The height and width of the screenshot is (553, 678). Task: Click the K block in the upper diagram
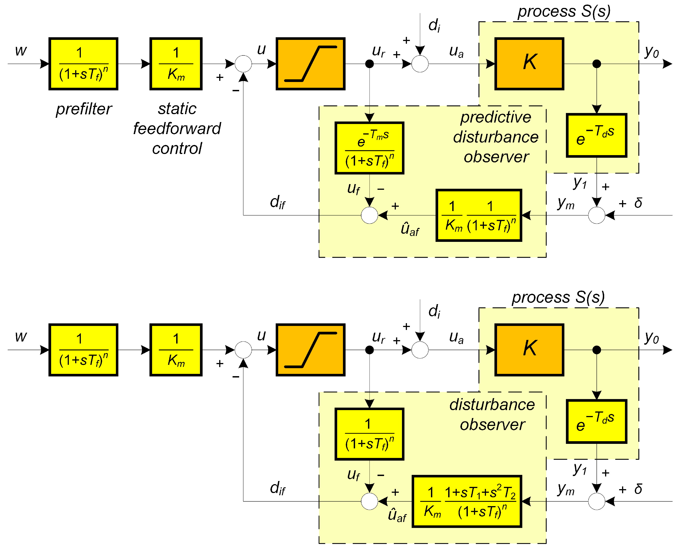[529, 64]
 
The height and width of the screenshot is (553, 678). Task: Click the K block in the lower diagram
[529, 350]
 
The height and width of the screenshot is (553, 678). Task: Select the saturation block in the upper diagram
[310, 64]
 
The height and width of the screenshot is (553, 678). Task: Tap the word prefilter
[84, 109]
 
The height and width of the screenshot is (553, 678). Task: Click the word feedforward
[177, 129]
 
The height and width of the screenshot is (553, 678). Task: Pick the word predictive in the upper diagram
[495, 117]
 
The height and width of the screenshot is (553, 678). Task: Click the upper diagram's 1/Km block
[176, 64]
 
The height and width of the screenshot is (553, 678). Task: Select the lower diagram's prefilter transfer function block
[83, 350]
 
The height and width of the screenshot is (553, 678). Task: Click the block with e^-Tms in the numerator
[369, 148]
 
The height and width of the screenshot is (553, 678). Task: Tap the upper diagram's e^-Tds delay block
[596, 135]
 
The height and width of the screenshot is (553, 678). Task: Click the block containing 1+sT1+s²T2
[466, 501]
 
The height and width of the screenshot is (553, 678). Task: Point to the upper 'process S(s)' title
[564, 12]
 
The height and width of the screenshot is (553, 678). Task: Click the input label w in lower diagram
[21, 336]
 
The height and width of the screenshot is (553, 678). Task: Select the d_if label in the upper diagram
[277, 202]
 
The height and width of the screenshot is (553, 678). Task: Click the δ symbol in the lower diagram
[638, 489]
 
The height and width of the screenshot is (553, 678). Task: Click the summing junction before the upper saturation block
[243, 64]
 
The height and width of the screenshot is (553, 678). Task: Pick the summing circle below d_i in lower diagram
[420, 350]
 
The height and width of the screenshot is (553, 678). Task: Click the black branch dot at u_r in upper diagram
[369, 64]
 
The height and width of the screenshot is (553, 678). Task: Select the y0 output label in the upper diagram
[652, 52]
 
